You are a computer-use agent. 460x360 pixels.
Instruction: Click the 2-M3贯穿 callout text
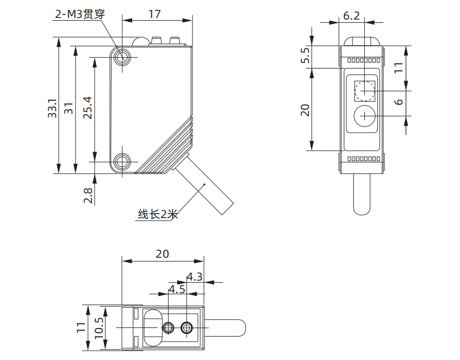[x=79, y=14]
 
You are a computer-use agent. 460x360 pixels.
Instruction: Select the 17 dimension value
[x=155, y=14]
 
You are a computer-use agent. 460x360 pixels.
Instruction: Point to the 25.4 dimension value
[x=86, y=108]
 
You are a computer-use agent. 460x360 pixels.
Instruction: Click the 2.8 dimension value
[x=88, y=194]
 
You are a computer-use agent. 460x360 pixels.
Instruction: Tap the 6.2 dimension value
[x=351, y=15]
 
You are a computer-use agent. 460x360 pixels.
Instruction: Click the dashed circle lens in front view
[x=364, y=90]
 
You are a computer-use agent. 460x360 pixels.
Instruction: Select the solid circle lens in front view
[x=364, y=116]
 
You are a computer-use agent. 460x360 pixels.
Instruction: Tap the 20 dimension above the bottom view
[x=162, y=253]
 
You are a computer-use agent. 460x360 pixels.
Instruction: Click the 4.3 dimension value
[x=194, y=276]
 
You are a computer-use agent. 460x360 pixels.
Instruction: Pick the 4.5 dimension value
[x=177, y=289]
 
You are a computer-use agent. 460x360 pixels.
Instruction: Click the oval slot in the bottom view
[x=152, y=327]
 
